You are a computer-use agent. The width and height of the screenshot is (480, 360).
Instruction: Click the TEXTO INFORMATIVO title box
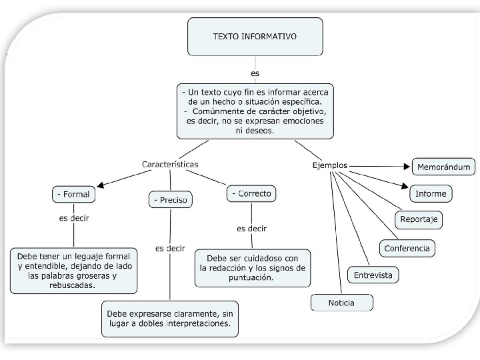[x=255, y=37]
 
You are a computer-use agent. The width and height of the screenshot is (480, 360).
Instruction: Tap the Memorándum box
[x=444, y=167]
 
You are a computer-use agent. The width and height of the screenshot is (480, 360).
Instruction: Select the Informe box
[x=431, y=194]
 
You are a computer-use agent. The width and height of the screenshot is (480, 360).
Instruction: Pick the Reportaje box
[x=418, y=219]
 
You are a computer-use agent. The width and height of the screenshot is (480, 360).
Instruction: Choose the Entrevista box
[x=373, y=275]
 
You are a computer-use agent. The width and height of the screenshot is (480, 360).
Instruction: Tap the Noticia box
[x=341, y=303]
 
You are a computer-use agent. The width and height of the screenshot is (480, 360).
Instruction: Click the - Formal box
[x=73, y=195]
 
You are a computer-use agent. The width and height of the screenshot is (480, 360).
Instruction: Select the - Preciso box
[x=170, y=199]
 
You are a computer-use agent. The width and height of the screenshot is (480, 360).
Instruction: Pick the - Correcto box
[x=251, y=194]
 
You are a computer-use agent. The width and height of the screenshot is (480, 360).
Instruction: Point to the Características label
[x=170, y=164]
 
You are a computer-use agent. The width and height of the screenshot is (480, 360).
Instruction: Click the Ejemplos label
[x=330, y=165]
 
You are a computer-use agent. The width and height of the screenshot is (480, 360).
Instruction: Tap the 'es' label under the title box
[x=255, y=73]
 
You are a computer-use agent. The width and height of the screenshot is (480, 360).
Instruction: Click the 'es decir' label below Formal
[x=74, y=218]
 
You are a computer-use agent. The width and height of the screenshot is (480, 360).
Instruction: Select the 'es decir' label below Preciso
[x=170, y=248]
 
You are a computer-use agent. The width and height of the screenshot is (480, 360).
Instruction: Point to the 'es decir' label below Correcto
[x=251, y=228]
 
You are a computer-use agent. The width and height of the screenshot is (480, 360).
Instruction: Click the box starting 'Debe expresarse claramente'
[x=170, y=319]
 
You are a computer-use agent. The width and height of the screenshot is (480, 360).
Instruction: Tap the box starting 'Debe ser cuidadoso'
[x=253, y=267]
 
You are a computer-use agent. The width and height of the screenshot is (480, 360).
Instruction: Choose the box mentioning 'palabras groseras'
[x=73, y=271]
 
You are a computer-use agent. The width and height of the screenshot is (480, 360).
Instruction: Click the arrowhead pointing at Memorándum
[x=407, y=166]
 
